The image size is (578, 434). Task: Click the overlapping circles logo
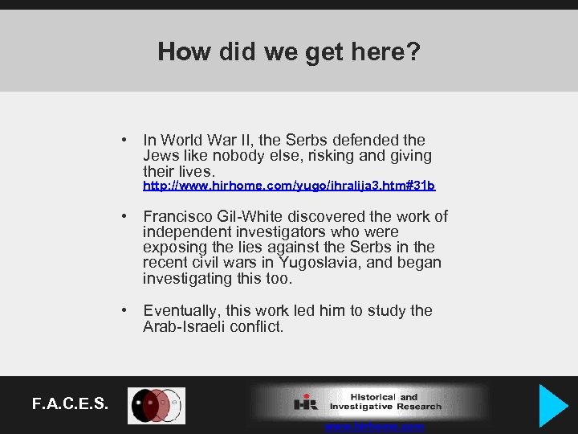point(157,406)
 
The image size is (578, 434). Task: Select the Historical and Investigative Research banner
point(369,402)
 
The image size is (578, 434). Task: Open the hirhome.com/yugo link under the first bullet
point(289,186)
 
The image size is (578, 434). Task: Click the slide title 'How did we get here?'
point(289,51)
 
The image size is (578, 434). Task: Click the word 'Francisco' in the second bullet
point(177,216)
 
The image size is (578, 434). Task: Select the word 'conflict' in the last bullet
point(257,326)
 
